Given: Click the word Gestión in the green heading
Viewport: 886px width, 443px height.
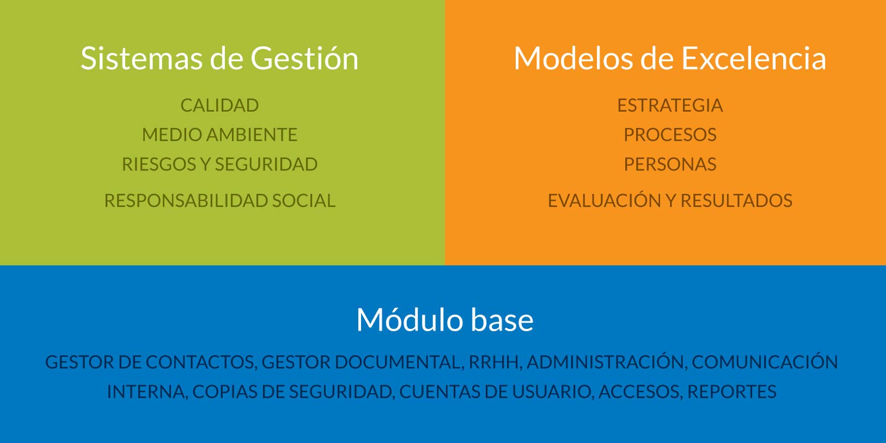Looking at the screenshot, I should [x=304, y=58].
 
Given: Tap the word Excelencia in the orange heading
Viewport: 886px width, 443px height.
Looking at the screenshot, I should [x=754, y=58].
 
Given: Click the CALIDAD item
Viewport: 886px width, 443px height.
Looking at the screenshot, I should [x=220, y=106].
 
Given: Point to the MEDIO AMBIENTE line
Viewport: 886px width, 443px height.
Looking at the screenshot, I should [x=220, y=135].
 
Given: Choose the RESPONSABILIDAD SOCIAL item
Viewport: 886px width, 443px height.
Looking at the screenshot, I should [x=220, y=201].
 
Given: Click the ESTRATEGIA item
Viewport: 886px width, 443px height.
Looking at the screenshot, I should [x=670, y=106].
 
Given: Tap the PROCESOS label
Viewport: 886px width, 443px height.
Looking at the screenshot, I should [x=670, y=135].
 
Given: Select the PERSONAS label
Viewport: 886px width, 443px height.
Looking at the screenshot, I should [x=670, y=164].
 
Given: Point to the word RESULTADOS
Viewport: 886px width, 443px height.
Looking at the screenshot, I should [x=736, y=201].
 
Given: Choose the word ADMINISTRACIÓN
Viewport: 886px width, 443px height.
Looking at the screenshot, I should [x=606, y=363].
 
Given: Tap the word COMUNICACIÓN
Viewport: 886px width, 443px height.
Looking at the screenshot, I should [x=764, y=363].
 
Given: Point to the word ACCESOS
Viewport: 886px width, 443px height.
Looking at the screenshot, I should [x=640, y=392].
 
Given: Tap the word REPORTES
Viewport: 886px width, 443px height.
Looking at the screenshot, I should [x=731, y=392].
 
